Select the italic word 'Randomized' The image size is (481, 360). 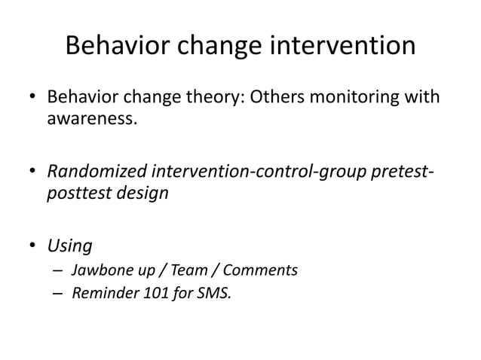[97, 171]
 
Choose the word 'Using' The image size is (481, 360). [70, 245]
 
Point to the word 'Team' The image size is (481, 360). [176, 270]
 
